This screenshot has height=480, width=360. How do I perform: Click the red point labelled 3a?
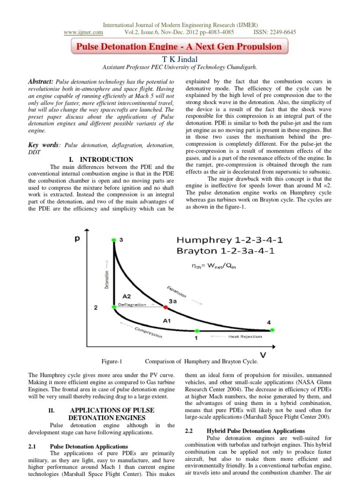165,307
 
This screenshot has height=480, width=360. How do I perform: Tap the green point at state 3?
113,240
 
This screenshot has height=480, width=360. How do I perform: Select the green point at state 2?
113,307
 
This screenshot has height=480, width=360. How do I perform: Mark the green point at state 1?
197,330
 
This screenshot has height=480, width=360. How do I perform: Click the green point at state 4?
272,330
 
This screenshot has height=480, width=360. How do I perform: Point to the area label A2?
127,296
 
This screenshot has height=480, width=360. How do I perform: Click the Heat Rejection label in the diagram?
245,337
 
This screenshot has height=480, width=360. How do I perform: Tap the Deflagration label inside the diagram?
132,304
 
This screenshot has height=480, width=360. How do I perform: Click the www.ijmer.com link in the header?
83,32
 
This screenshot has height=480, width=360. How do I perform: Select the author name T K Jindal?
180,59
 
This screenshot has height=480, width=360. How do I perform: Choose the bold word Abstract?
41,82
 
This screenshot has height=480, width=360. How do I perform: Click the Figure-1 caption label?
112,361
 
